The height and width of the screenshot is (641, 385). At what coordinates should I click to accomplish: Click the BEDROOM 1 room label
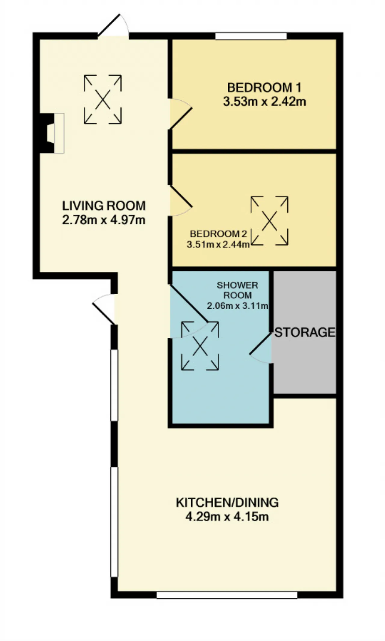(264, 87)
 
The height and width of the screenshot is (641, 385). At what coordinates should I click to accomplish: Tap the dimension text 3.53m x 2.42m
(264, 101)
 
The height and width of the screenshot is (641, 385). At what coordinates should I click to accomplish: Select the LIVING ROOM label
(104, 206)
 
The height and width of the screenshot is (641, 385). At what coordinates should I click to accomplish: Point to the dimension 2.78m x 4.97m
(104, 220)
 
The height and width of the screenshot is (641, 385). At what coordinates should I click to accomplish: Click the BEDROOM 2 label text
(218, 234)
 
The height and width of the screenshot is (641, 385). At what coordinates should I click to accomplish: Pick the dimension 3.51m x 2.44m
(218, 244)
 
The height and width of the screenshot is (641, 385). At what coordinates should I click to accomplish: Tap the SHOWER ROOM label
(237, 290)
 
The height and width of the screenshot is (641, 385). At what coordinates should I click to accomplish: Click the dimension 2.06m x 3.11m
(237, 306)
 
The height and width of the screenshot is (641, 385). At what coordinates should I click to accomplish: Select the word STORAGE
(305, 332)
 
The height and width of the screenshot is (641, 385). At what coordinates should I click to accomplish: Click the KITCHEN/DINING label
(227, 502)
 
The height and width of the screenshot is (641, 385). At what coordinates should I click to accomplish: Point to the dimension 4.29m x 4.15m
(227, 517)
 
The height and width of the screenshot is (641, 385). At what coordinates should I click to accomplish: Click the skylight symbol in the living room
(103, 99)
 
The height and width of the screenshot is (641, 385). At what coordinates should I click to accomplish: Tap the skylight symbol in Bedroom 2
(269, 221)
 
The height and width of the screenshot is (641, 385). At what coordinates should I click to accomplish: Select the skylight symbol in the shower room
(200, 346)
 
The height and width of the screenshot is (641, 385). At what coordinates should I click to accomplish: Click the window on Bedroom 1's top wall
(251, 36)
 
